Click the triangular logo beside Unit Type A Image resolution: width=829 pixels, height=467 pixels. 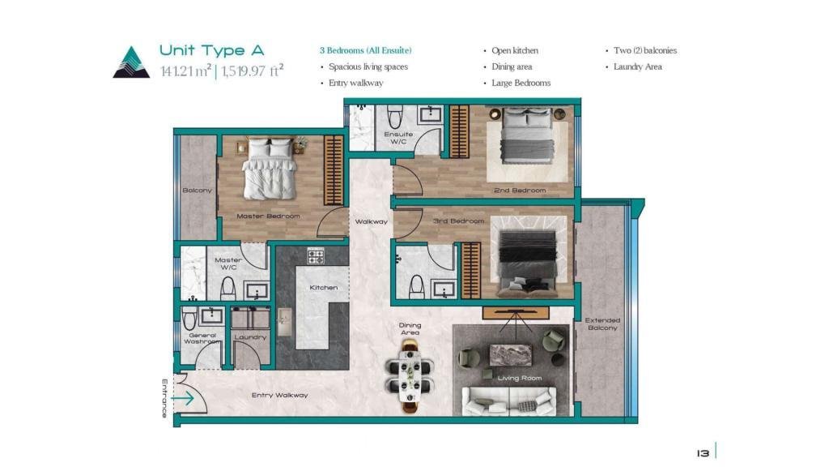[131, 63]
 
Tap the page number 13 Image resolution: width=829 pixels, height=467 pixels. [703, 453]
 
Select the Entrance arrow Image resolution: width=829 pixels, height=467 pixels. [183, 398]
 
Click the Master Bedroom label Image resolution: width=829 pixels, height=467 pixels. [268, 216]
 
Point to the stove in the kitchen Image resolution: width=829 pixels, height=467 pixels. [316, 256]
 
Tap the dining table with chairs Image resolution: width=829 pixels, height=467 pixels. [410, 376]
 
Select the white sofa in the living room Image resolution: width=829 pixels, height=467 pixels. [509, 401]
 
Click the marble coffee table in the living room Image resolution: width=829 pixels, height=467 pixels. [510, 355]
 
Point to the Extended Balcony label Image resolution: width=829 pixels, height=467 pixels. [602, 324]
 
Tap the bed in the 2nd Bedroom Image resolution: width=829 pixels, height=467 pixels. [526, 136]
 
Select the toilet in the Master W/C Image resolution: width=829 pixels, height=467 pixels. [227, 289]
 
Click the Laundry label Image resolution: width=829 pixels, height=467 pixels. [250, 336]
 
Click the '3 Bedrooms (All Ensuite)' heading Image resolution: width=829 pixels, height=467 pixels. [365, 50]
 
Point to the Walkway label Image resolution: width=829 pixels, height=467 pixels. [371, 221]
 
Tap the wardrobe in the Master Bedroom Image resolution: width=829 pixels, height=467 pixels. [334, 170]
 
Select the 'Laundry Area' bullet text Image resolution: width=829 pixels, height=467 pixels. [638, 66]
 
